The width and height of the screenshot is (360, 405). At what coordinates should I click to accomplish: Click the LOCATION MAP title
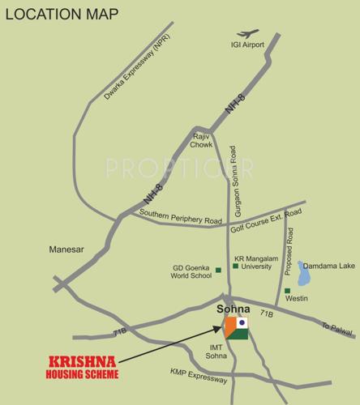[x=61, y=15]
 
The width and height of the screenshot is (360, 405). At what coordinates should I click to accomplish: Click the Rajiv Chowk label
[x=202, y=141]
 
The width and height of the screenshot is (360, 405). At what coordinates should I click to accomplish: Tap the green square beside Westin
[x=286, y=291]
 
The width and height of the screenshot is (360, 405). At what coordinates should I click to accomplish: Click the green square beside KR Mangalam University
[x=234, y=266]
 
